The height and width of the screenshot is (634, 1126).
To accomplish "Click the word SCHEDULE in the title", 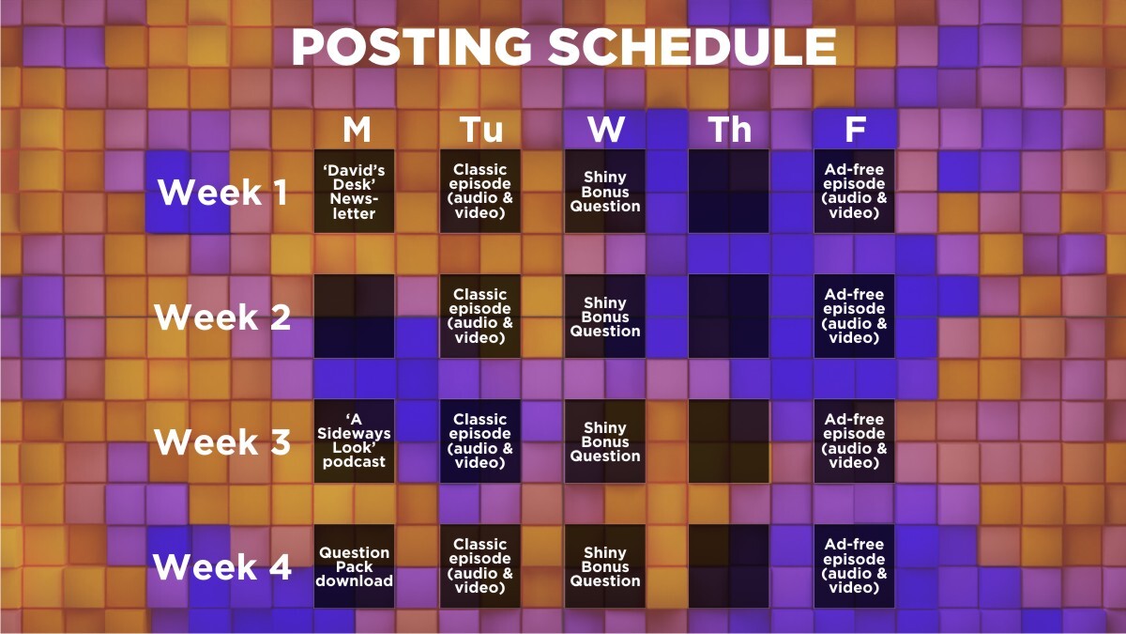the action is coord(692,46).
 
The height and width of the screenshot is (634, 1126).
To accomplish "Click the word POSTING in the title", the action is coord(411,46).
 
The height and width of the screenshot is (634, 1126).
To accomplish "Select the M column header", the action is coord(357,130).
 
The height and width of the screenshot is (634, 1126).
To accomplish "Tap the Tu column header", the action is coord(481,130).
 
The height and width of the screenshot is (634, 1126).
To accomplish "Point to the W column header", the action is coord(606,130).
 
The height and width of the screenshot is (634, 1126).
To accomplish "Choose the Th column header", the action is coord(730,130).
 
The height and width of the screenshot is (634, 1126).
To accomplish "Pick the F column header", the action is coord(855,130).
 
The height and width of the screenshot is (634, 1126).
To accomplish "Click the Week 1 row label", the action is coord(222,192).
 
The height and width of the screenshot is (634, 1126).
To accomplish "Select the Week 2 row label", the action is coord(222,317).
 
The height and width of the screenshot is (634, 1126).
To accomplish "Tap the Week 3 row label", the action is coord(222,441).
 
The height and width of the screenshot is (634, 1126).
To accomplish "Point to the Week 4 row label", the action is coord(222,566).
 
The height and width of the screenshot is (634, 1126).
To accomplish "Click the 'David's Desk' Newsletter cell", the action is coord(355,192).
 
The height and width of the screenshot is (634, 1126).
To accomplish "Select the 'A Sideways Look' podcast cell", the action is coord(355,441).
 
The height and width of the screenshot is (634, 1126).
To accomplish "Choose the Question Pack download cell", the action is coord(355,566).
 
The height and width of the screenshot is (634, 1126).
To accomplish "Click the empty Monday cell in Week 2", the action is coord(355,316).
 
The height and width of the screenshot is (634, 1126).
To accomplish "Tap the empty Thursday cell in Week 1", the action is coord(729,192).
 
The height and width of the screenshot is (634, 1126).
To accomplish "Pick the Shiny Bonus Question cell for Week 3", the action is coord(604,441).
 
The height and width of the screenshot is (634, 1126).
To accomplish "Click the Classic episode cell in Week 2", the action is coord(480,316).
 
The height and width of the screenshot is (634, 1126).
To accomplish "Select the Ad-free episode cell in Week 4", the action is coord(854,566).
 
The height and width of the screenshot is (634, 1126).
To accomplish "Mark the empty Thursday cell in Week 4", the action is coord(729,566).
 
